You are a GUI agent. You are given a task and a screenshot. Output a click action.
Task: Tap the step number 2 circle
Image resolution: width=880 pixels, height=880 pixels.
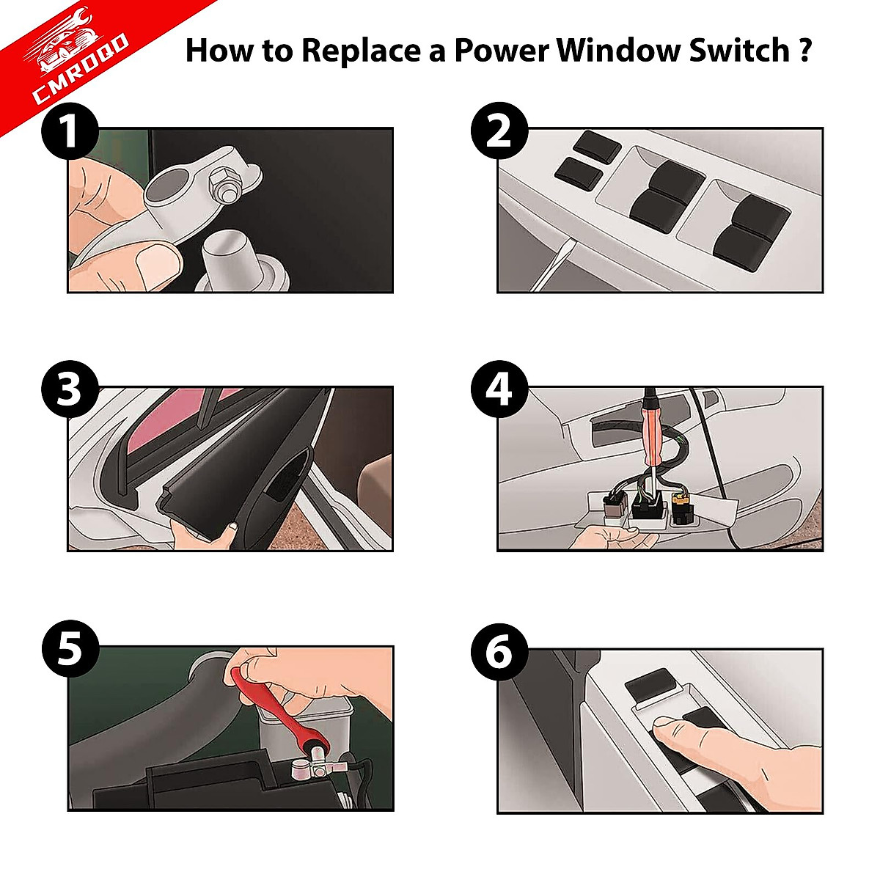coord(499,132)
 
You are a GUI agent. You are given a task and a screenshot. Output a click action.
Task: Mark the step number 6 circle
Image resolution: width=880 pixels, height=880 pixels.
coord(499,651)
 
